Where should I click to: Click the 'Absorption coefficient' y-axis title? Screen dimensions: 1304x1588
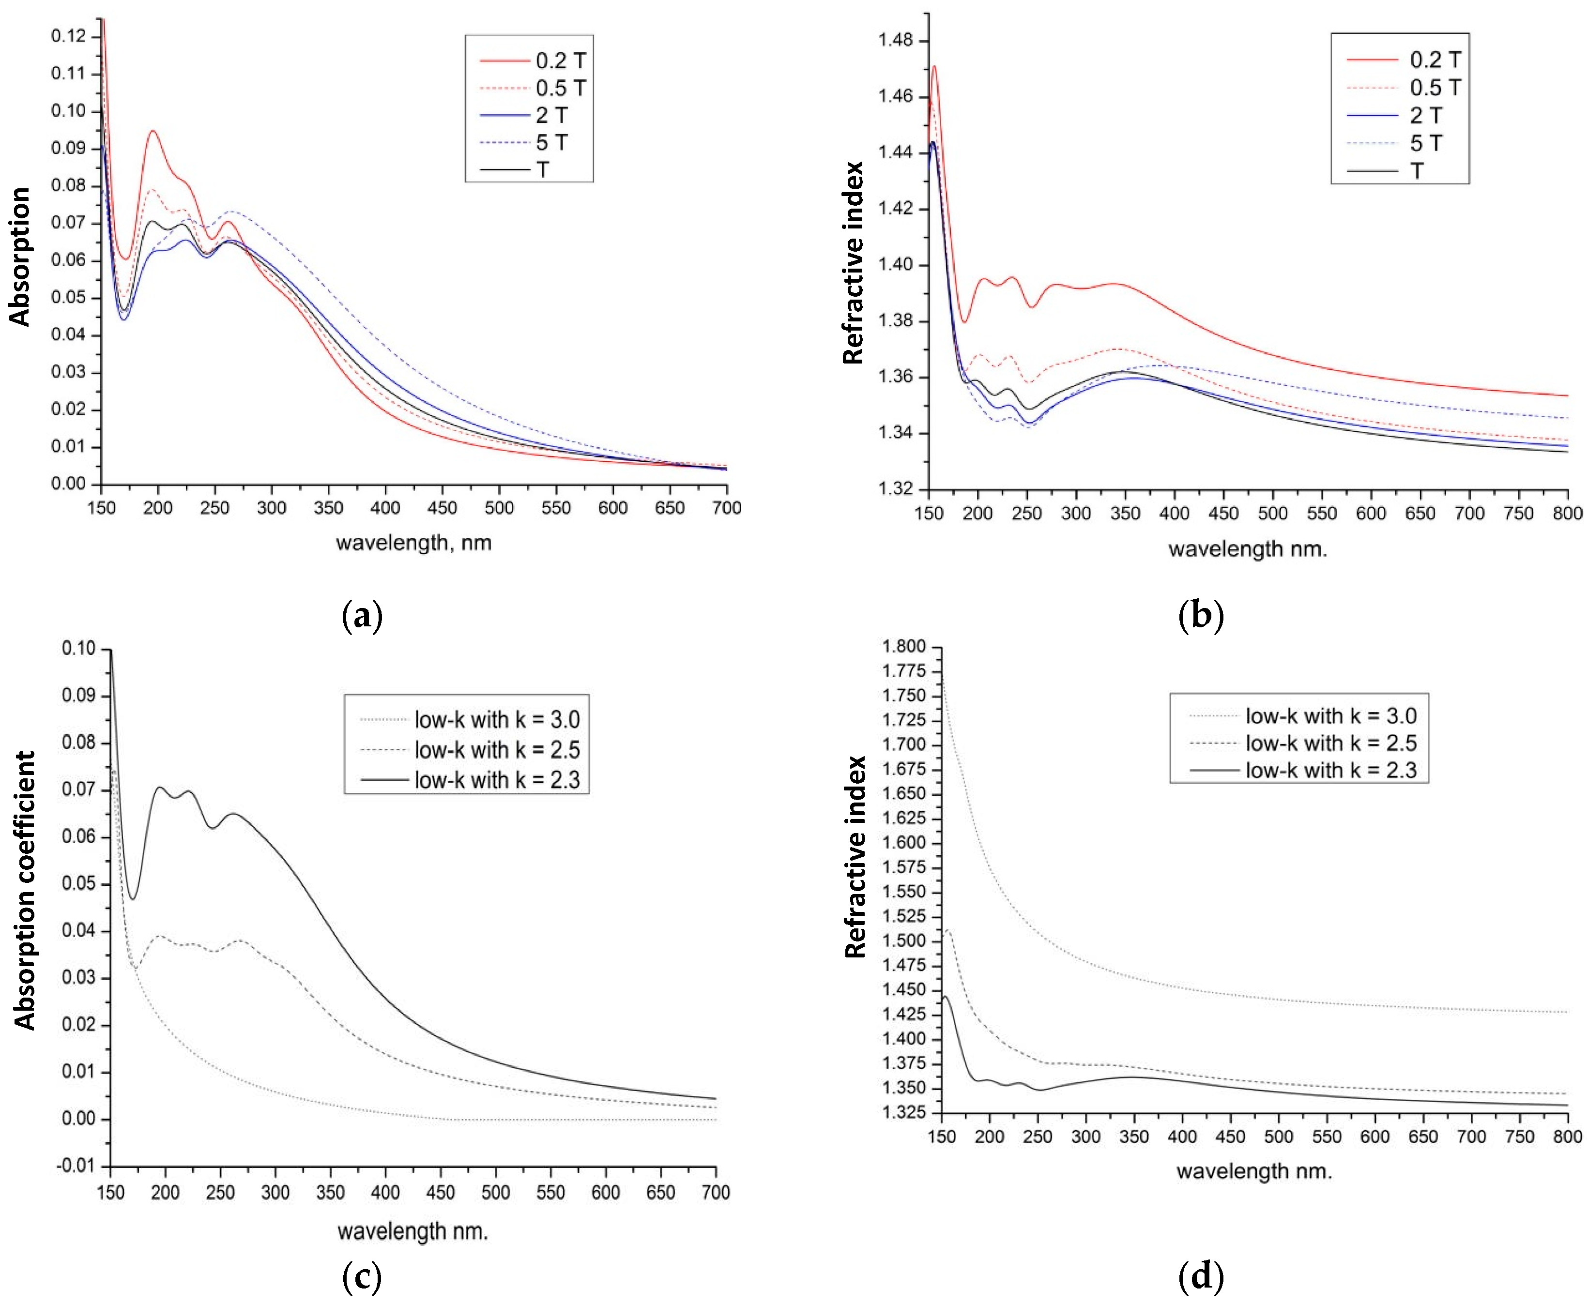tap(24, 890)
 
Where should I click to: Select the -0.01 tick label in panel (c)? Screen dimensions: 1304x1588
tap(76, 1166)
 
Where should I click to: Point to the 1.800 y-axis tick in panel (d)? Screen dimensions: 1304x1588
tap(904, 647)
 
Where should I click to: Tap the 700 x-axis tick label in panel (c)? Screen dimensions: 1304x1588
tap(715, 1192)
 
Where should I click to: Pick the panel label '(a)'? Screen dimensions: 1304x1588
tap(362, 616)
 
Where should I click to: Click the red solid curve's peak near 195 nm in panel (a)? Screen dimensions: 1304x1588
tap(153, 132)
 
